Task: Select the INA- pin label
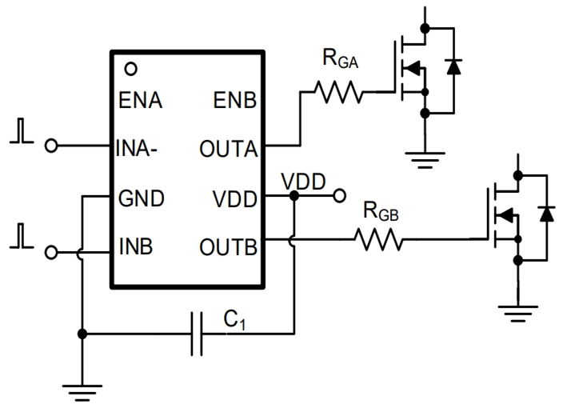pos(141,149)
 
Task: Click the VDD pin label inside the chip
pos(233,198)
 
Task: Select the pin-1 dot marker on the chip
pos(131,69)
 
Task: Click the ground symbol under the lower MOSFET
pos(518,311)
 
